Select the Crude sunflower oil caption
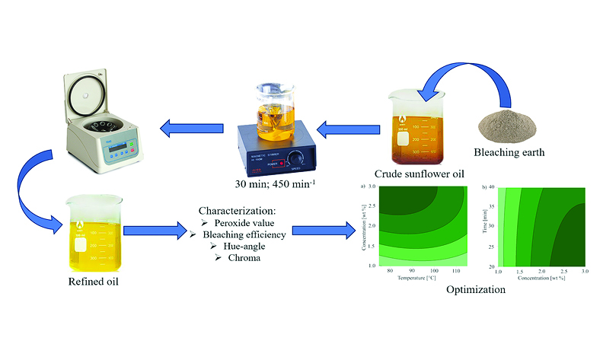click(419, 174)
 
